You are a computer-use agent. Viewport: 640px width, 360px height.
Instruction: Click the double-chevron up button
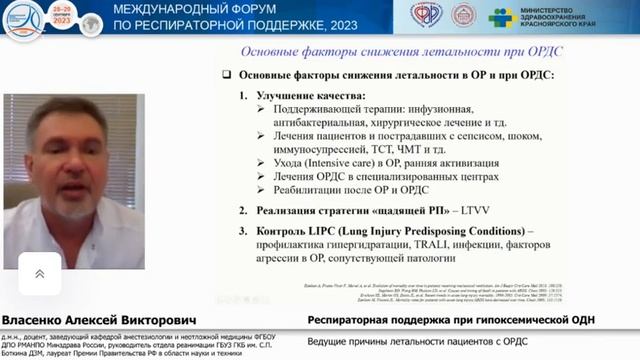point(39,273)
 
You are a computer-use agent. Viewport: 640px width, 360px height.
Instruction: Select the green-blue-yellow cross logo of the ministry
point(501,17)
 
